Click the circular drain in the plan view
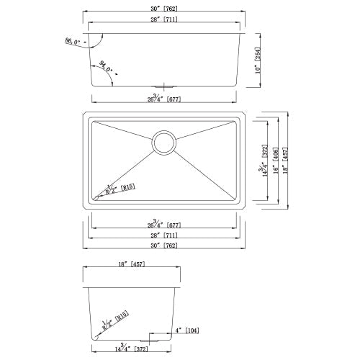coord(164,143)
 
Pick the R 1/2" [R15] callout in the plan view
coord(112,189)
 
